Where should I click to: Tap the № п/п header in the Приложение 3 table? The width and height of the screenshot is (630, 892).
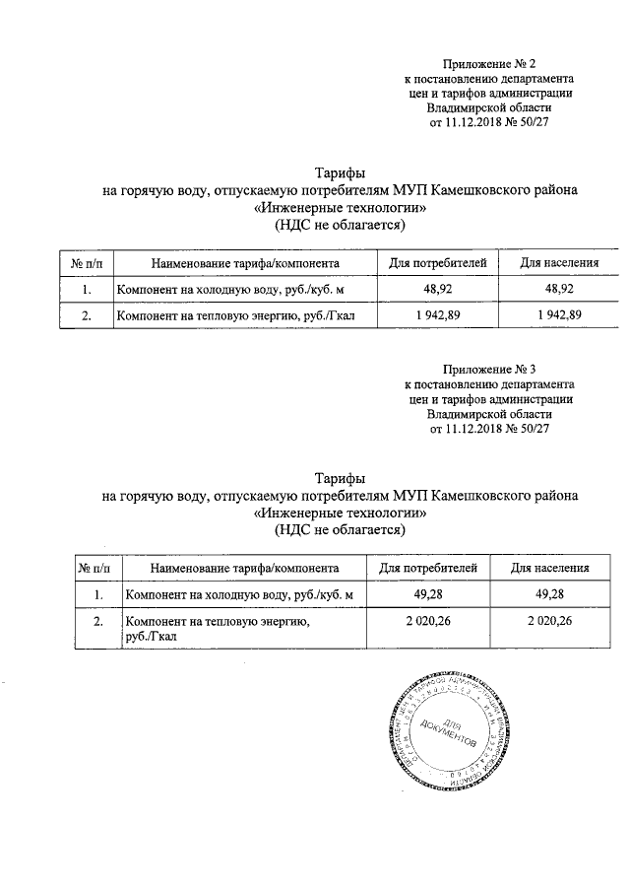pos(94,568)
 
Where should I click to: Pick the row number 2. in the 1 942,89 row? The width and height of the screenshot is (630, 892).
pos(87,315)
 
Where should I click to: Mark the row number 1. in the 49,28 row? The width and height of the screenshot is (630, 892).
pos(97,594)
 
